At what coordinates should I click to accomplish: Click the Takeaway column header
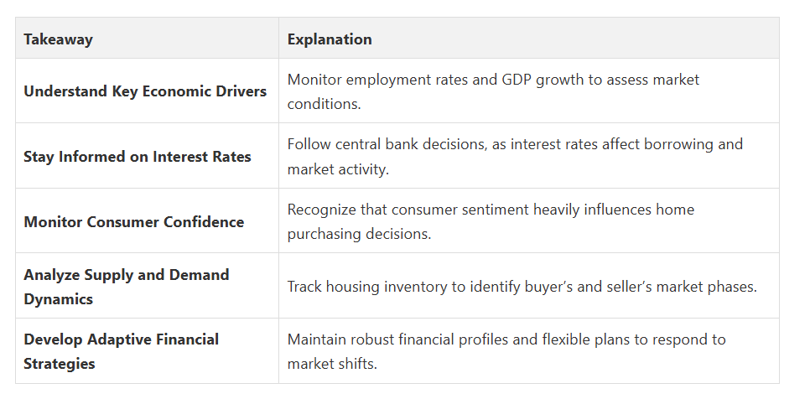click(x=58, y=39)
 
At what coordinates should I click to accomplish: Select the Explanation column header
click(x=330, y=39)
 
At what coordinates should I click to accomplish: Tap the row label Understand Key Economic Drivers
click(x=145, y=91)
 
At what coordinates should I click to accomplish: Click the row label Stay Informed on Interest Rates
click(x=138, y=157)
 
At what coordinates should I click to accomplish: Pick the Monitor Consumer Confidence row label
click(x=134, y=222)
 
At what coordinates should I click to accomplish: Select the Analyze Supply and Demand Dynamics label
click(x=127, y=287)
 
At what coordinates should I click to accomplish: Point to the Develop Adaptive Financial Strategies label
click(x=122, y=351)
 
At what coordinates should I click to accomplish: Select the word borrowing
click(x=664, y=145)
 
